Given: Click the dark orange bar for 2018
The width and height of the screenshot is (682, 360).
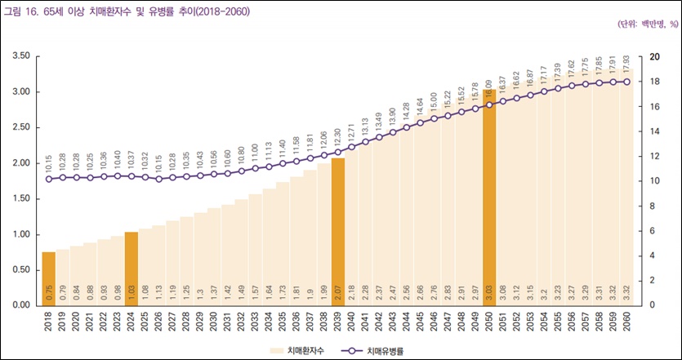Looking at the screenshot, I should coord(49,278).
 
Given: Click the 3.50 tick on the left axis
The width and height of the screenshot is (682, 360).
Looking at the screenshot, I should coord(22,56).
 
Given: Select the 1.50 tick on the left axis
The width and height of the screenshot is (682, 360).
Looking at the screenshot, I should coord(22,198).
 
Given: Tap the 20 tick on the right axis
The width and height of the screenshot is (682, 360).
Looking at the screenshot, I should coord(653,56).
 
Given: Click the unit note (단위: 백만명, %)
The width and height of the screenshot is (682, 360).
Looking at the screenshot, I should coord(646,24).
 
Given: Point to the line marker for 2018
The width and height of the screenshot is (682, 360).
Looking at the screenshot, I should coord(49,179).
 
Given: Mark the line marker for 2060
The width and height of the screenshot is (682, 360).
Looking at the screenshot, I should coord(627,82).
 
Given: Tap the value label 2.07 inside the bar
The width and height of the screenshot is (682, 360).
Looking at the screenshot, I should coord(338,290).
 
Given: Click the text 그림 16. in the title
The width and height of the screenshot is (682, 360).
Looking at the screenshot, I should coord(22,11).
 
